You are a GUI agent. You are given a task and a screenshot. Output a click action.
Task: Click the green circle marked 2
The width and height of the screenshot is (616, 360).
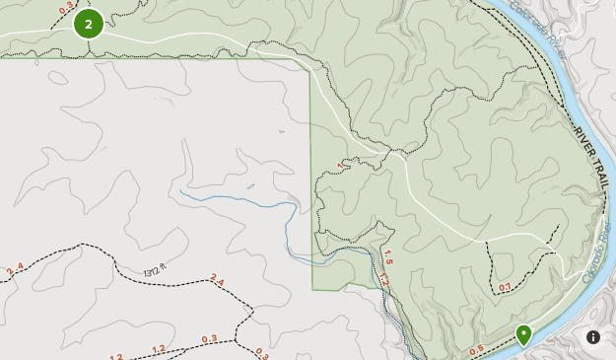coord(89,24)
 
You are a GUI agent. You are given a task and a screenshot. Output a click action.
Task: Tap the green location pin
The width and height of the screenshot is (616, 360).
coord(524,334)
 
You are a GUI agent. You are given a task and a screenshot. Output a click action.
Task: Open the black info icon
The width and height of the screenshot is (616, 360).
coord(593,337)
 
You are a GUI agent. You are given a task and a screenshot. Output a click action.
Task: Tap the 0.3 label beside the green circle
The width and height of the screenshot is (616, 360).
coord(66,9)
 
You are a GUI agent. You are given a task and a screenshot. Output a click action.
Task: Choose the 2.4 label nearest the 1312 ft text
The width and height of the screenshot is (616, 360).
coord(217,281)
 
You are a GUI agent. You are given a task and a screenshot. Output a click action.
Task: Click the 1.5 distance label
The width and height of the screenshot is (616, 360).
coord(387,261)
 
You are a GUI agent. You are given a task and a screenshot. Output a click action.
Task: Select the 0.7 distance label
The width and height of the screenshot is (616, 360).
coord(505,288)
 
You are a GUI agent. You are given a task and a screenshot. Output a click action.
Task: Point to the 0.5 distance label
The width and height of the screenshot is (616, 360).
coord(477,349)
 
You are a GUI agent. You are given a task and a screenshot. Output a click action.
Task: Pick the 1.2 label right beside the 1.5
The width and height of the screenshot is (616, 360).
coord(383,281)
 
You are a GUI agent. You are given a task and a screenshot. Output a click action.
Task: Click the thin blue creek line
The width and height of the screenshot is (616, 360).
coord(237,201)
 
